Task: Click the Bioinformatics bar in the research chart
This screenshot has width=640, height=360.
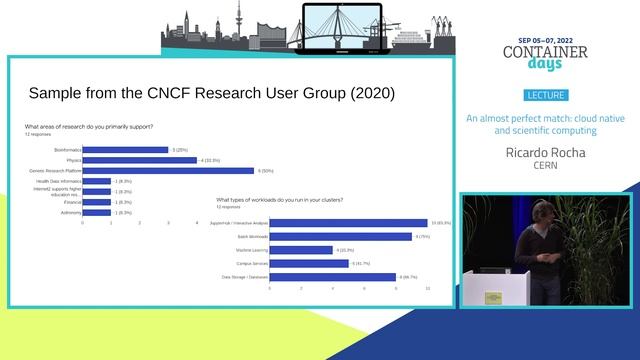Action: coord(125,149)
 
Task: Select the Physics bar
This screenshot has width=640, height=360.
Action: coord(139,160)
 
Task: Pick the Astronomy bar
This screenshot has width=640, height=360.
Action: coord(96,213)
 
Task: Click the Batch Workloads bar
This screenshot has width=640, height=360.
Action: coord(340,236)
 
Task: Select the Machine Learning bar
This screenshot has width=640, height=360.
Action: coord(301,250)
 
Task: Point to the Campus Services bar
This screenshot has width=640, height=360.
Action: coord(309,263)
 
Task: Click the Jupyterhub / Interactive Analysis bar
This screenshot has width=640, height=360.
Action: coord(348,223)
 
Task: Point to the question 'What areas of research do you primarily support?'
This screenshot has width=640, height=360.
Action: coord(89,127)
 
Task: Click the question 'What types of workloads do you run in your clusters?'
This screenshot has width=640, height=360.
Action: coord(280,201)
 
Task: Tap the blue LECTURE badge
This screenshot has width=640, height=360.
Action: coord(545,96)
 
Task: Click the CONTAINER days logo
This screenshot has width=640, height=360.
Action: coord(545,56)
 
